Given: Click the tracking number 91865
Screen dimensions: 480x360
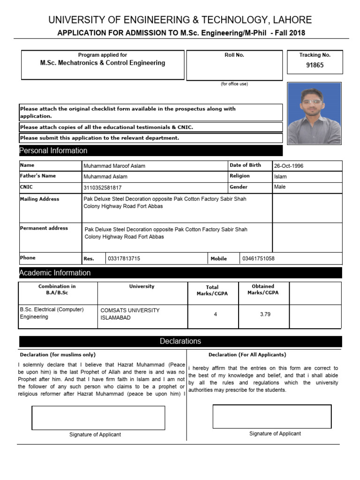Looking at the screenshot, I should coord(315,66).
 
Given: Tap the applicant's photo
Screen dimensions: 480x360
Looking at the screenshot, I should coord(314,113).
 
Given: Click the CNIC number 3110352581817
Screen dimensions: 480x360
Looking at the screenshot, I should coord(102,187).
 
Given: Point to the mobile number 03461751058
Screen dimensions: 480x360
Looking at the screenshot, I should coord(258,259).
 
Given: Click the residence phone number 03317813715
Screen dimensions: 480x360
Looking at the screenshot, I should coord(124,259).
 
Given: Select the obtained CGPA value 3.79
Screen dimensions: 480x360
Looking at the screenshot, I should coord(265,315).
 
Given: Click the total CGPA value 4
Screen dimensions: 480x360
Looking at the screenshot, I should coord(215,315).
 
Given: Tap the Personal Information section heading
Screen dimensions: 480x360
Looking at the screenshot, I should coord(53,150).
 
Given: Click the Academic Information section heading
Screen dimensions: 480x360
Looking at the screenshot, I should coord(55,273).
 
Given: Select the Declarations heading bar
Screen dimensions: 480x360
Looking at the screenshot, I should coord(180,341).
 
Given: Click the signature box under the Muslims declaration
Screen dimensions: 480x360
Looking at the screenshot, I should coord(98,418).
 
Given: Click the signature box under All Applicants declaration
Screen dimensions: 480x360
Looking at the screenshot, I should coord(272,417).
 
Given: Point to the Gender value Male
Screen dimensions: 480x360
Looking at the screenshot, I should coord(279,187).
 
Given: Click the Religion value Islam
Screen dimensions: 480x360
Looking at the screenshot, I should coord(280,177).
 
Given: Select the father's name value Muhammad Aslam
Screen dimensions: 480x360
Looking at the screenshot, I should coord(105,177).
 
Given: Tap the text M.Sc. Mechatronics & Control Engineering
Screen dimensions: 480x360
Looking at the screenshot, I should coord(102,63).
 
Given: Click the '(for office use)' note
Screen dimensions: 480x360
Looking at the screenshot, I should coord(234,84).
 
